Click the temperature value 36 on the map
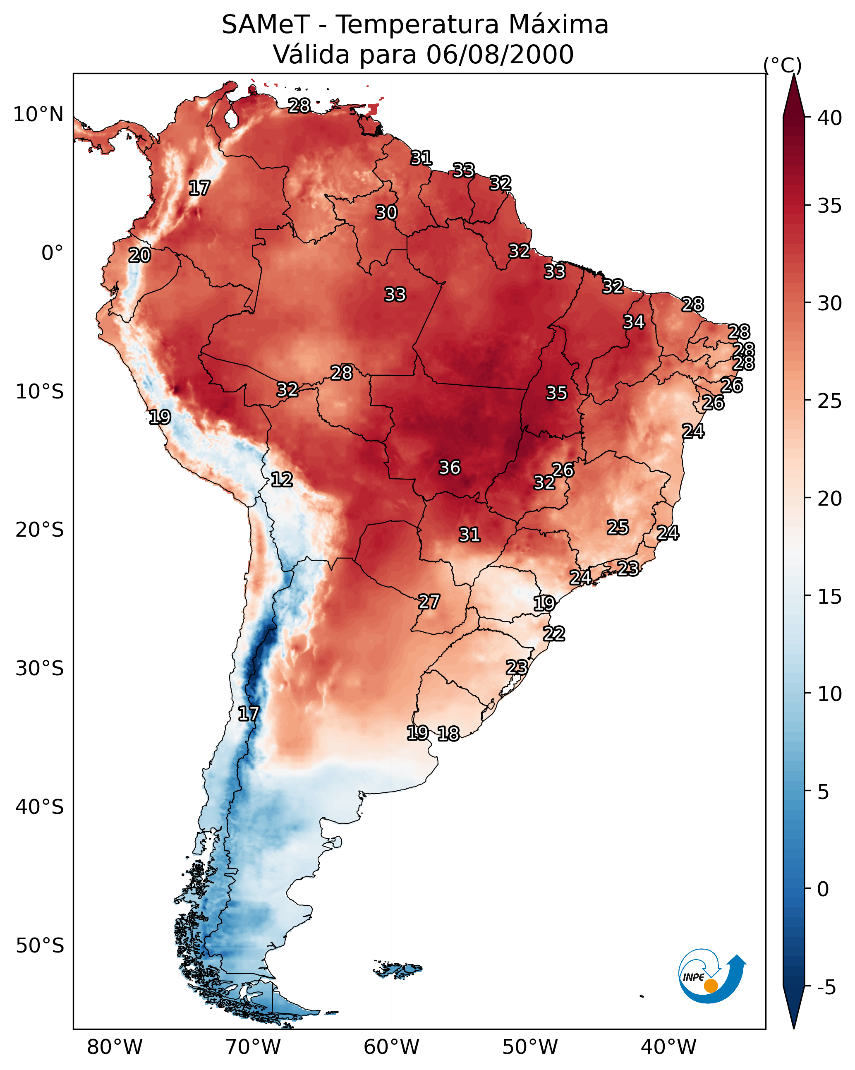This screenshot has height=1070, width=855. (450, 468)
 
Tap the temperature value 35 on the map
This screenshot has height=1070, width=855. (556, 393)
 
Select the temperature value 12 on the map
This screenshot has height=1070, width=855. (281, 480)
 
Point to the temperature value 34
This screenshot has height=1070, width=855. (634, 322)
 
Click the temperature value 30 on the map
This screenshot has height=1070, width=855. (386, 212)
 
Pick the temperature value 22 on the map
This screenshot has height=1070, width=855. (554, 634)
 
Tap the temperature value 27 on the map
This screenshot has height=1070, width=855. (429, 602)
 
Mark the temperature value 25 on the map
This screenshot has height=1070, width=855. (618, 528)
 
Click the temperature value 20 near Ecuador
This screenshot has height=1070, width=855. (139, 256)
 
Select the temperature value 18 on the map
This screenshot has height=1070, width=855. (448, 734)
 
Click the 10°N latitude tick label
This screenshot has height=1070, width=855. (38, 115)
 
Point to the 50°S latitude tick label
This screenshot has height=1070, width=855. (40, 946)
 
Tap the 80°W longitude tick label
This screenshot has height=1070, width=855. (115, 1047)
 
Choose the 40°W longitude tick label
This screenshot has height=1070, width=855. (668, 1047)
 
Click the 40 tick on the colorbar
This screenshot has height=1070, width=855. (830, 118)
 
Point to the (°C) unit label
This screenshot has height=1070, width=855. (782, 65)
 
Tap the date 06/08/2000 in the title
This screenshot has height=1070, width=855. (500, 55)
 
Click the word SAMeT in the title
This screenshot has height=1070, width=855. (266, 25)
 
